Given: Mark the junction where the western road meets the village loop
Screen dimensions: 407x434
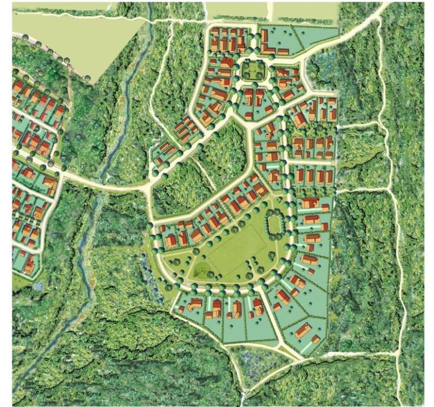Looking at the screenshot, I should point(150,181).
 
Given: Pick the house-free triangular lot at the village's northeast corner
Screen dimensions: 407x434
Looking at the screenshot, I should point(316,36).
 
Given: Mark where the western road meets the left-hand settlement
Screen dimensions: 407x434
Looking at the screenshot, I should point(62,175).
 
